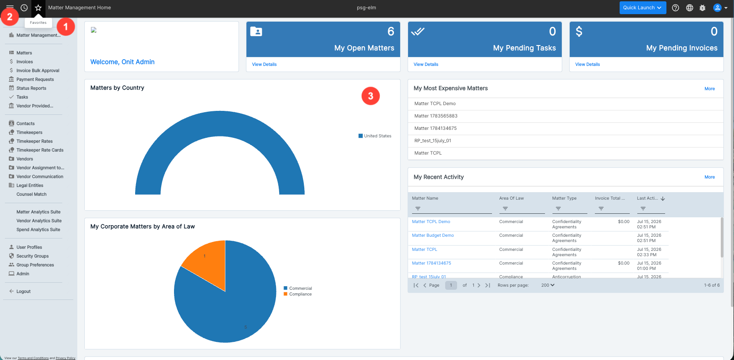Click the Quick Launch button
pos(643,8)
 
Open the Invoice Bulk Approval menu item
pos(38,71)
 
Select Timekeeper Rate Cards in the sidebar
pos(40,150)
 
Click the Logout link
pos(23,291)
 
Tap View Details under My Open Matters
pos(264,64)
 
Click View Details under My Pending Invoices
pos(587,64)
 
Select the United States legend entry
pos(375,136)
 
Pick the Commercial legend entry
pos(298,288)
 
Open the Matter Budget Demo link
pos(432,235)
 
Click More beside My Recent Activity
pos(709,177)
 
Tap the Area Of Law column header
pos(511,198)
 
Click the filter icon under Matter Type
pos(558,208)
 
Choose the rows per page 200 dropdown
pos(548,285)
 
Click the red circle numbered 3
pos(371,96)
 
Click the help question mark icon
pos(675,8)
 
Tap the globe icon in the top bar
pos(689,8)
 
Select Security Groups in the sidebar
pos(32,256)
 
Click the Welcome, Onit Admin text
pos(122,62)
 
